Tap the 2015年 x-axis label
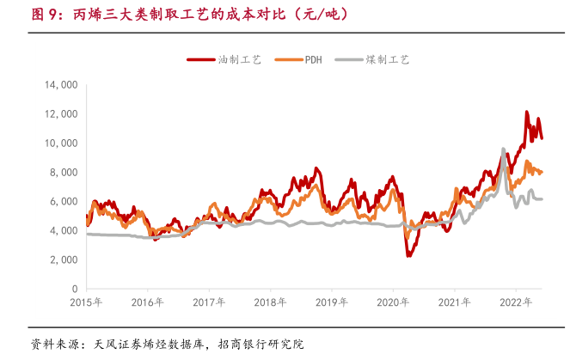[87, 302]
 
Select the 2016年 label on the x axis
[148, 302]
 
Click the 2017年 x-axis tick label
[210, 302]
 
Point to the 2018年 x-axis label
[271, 302]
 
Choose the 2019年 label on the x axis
[332, 302]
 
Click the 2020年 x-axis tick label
[394, 302]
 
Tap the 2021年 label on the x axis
[455, 302]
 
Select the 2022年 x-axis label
[516, 302]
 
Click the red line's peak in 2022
[527, 112]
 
